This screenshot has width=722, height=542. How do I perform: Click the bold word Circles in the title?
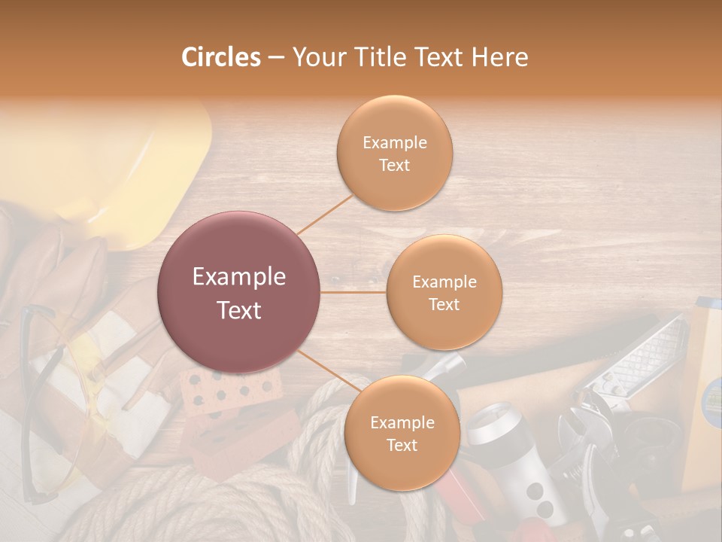220,57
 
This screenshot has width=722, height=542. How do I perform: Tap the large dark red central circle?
239,292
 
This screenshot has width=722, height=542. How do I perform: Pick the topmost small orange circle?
394,153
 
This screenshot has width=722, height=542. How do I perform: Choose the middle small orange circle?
444,292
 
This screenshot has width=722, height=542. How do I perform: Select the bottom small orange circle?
402,433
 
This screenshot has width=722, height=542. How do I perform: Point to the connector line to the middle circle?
353,292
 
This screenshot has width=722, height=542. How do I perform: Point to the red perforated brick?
226,391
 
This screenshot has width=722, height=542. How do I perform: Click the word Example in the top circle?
394,142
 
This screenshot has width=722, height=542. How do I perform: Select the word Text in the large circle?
239,309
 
